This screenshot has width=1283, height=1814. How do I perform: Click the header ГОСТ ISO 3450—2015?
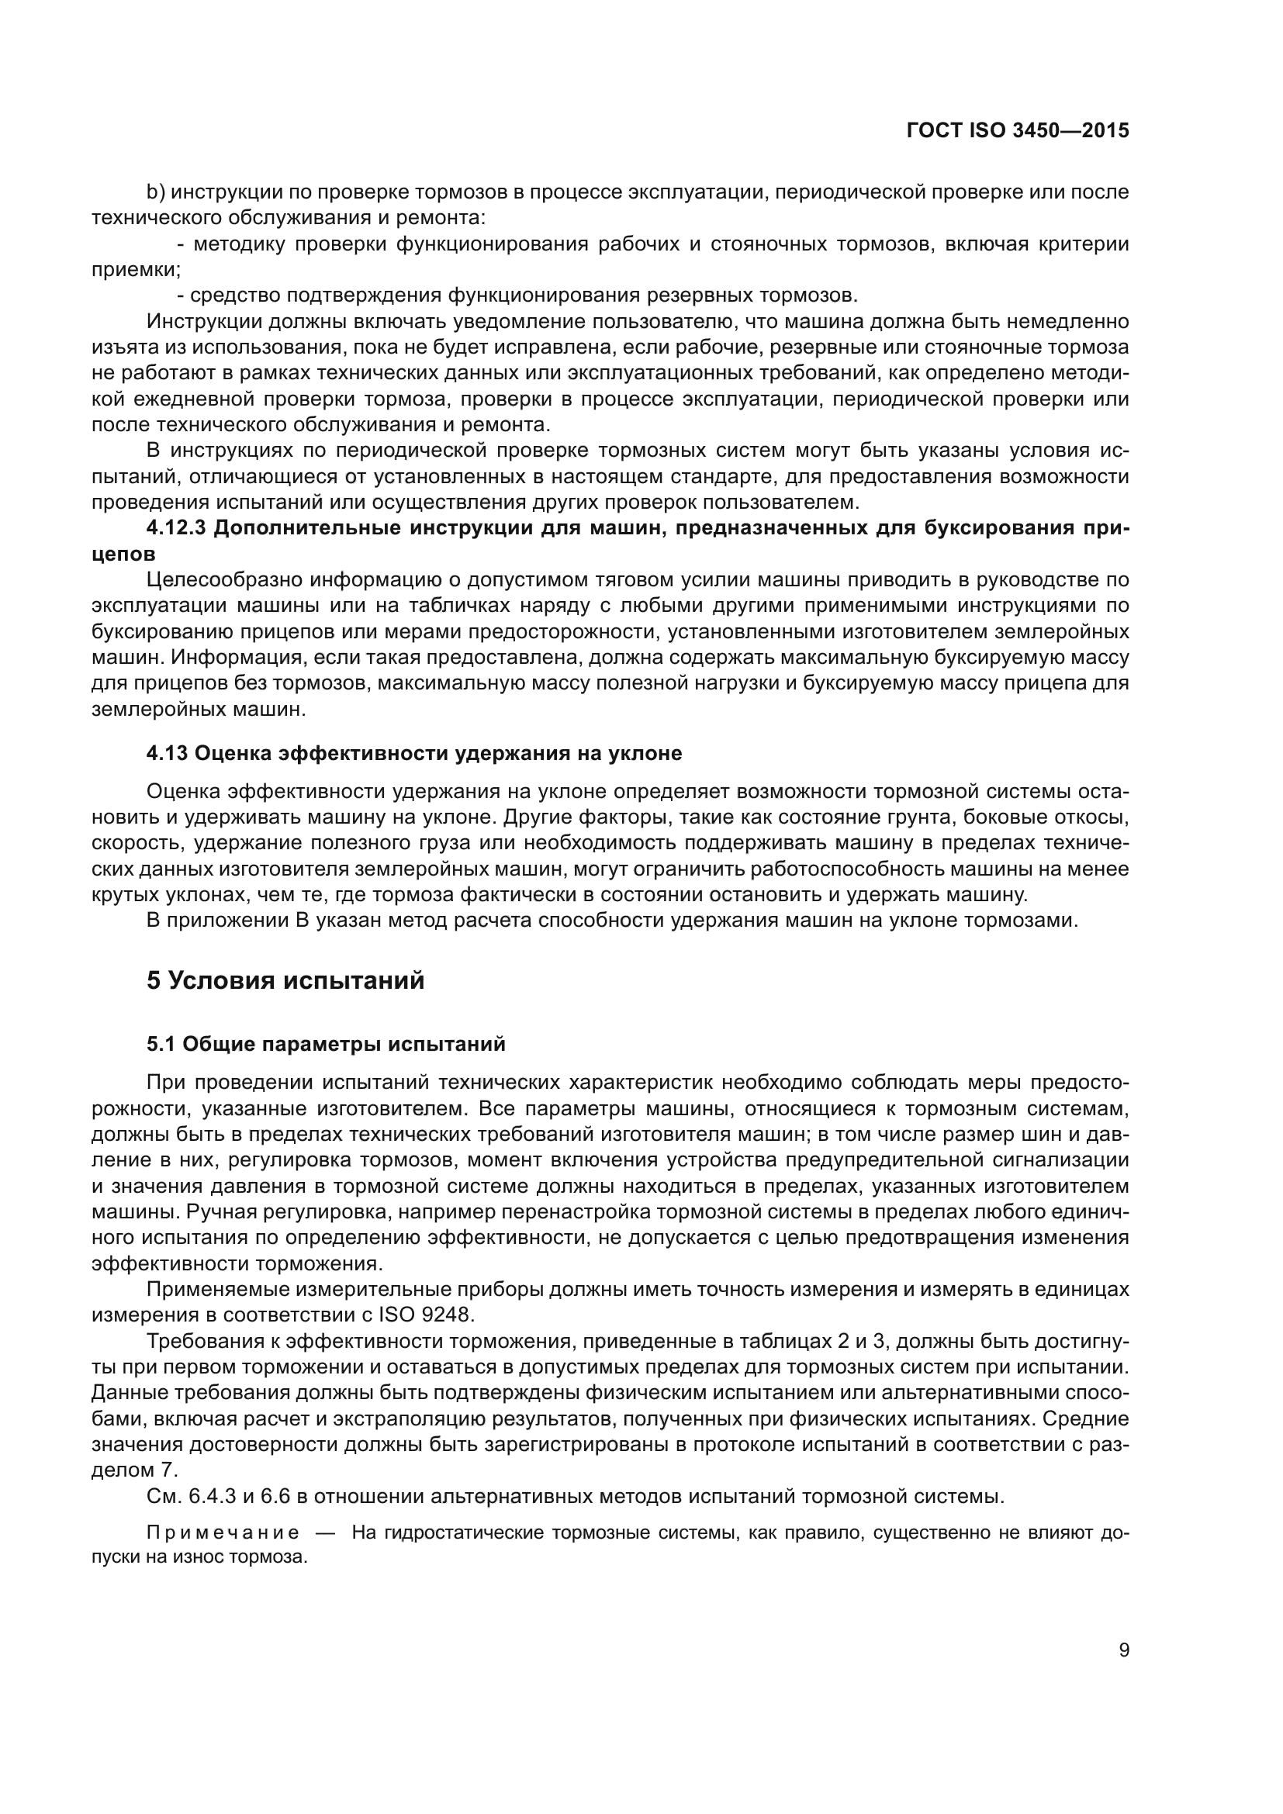[1018, 131]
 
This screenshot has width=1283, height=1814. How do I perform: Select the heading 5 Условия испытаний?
[285, 980]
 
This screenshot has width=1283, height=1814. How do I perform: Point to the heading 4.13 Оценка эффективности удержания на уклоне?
[414, 754]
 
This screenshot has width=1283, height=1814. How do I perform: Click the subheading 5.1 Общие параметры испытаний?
[326, 1045]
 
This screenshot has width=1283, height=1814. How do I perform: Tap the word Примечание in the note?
[223, 1533]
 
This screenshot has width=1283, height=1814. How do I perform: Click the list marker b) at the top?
[156, 192]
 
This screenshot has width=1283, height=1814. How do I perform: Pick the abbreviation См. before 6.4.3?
[163, 1497]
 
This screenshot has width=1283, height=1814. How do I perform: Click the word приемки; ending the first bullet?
[136, 269]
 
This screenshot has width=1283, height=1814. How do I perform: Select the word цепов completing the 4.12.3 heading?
[123, 554]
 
